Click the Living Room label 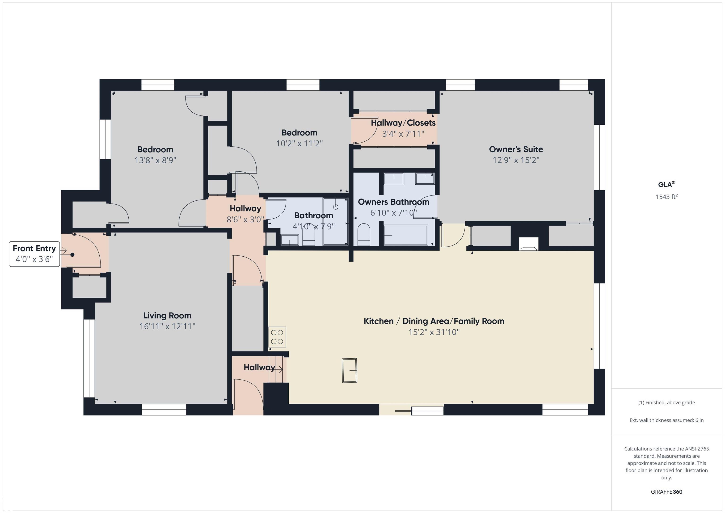[167, 316]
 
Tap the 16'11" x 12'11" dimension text [167, 326]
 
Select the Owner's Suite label [516, 149]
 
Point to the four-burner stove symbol [277, 337]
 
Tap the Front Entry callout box [34, 254]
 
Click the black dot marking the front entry [72, 254]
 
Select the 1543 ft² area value [666, 196]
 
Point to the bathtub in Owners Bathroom [406, 235]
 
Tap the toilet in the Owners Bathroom [363, 235]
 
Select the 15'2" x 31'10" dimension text [434, 332]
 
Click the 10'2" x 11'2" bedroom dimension [299, 143]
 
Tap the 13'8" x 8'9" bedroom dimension [155, 160]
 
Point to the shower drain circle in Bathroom [336, 207]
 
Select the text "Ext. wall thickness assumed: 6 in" [666, 420]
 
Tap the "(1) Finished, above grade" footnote [666, 403]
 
